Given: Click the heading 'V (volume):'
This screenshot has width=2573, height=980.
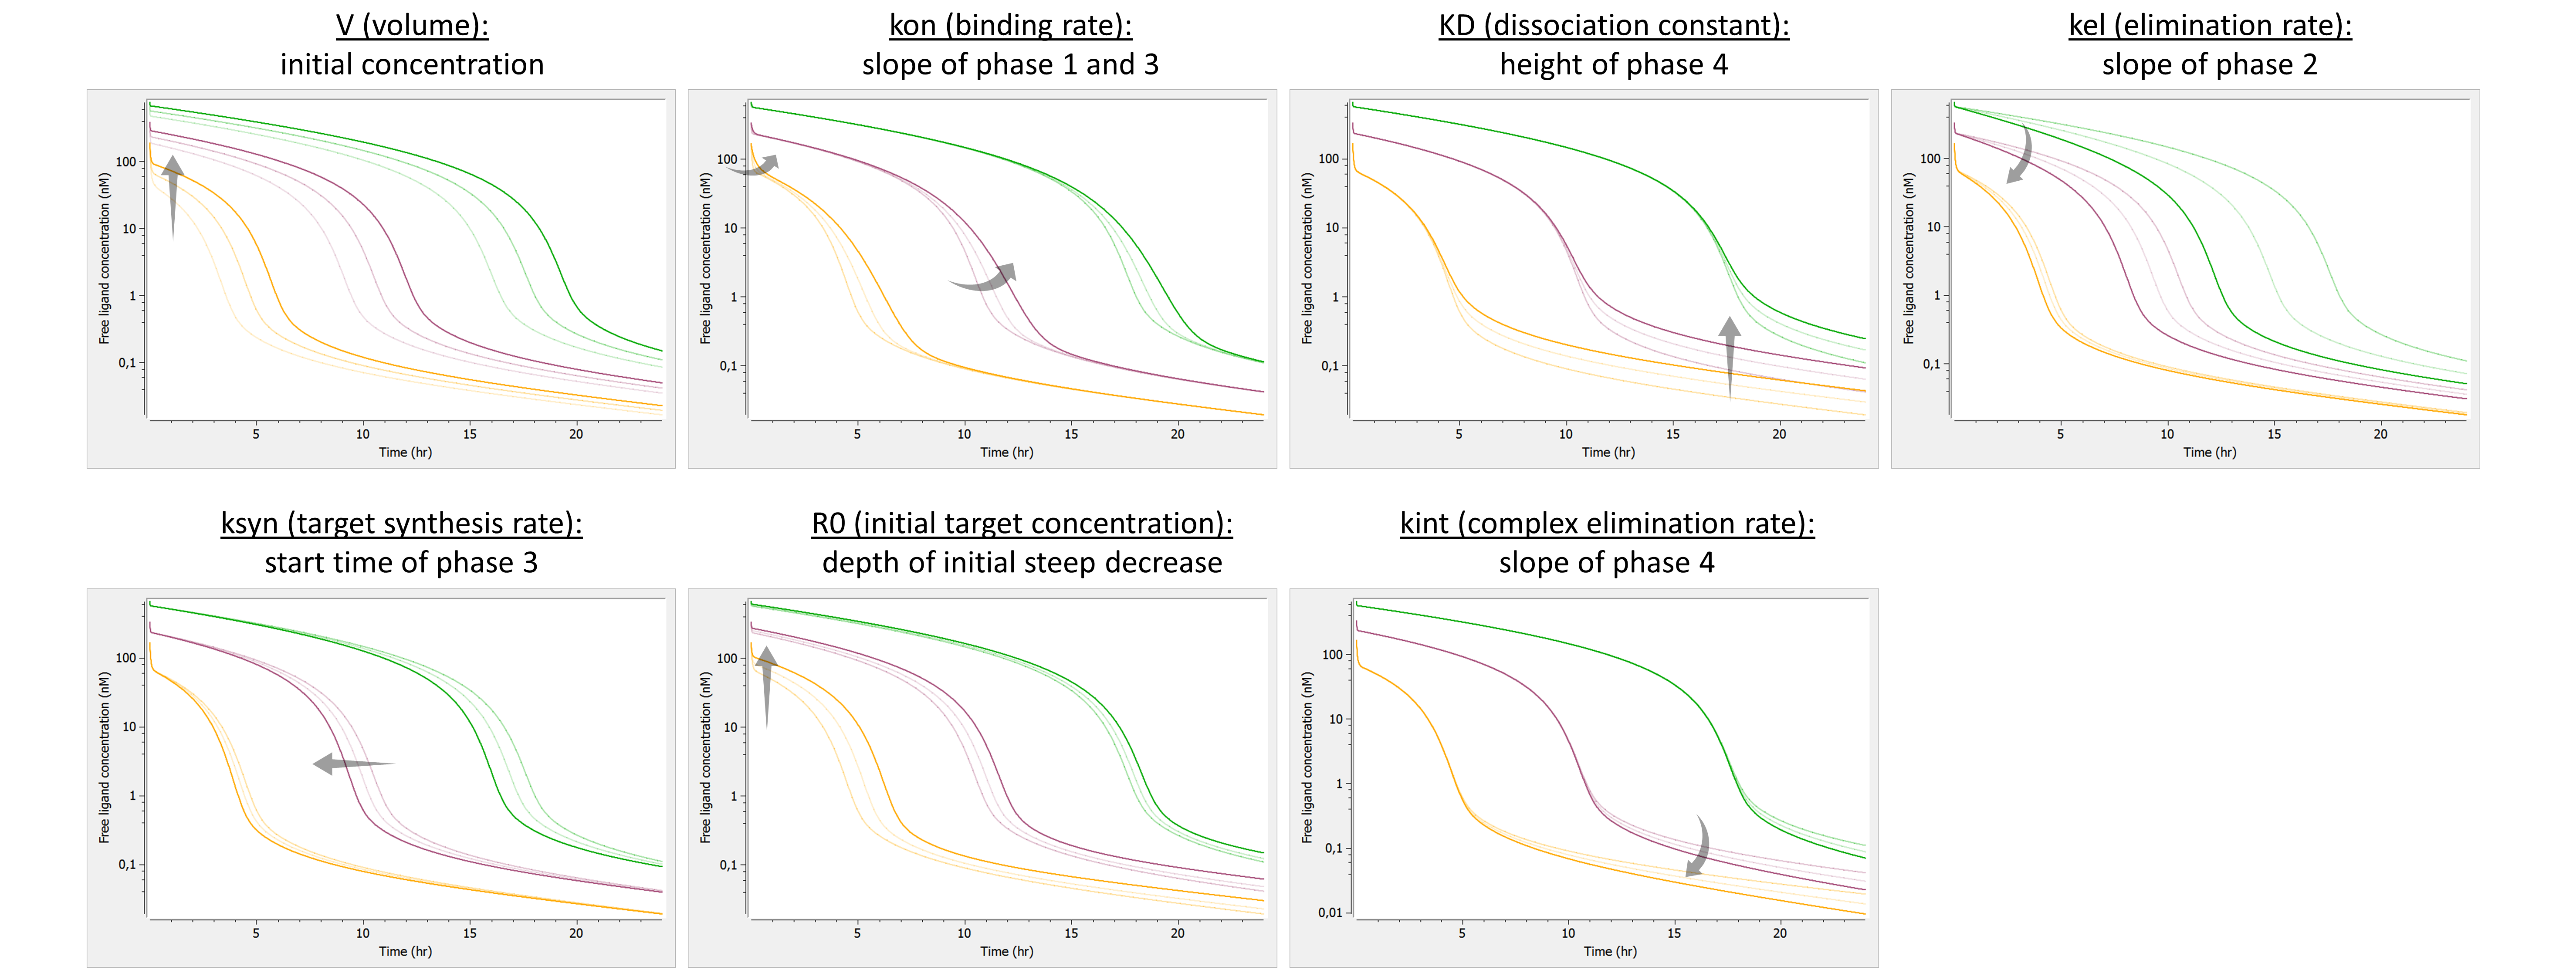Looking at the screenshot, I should pos(412,25).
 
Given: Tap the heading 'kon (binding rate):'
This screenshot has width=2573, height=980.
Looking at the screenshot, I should pos(1010,25).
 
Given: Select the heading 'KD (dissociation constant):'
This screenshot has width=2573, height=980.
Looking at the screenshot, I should pos(1613,25).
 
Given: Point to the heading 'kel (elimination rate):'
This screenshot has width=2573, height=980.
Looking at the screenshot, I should pos(2209,25).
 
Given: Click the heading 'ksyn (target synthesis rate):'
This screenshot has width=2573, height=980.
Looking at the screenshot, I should pos(402,524).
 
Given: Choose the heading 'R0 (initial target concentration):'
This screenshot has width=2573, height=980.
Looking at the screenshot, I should pos(1022,524).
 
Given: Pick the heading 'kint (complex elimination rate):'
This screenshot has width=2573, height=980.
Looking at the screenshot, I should pos(1606,524).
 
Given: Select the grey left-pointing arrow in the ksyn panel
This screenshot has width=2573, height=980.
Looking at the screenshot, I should pos(352,764).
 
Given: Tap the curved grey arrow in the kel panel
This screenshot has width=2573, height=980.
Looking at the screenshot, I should pos(2021,155).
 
